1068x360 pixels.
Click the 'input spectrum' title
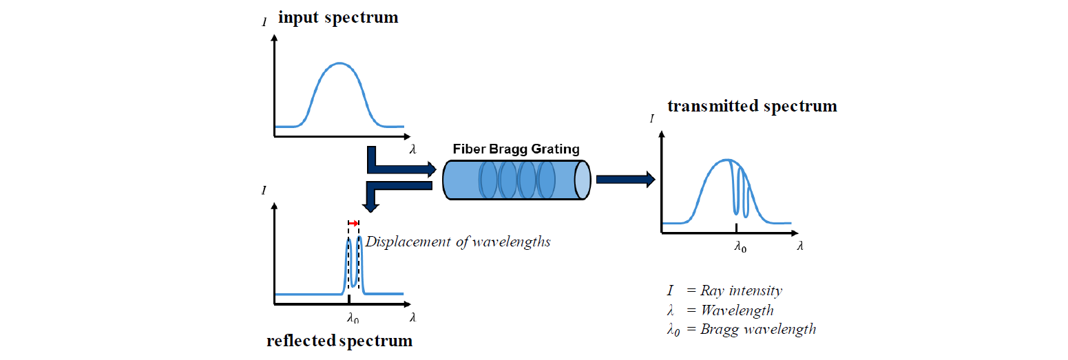click(337, 18)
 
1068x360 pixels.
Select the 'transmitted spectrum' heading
click(752, 106)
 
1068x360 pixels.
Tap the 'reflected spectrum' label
click(339, 341)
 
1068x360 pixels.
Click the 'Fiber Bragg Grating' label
click(516, 149)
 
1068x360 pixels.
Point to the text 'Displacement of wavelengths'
click(458, 242)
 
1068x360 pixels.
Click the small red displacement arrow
click(353, 223)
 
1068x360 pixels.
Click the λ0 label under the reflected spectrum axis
click(353, 318)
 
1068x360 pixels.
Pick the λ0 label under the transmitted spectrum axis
click(740, 246)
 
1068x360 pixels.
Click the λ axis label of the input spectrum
click(412, 149)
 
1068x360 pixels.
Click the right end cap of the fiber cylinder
click(583, 180)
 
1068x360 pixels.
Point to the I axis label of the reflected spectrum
click(264, 189)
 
